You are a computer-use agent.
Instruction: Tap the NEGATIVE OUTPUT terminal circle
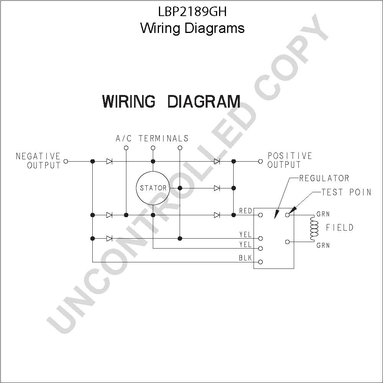pyautogui.click(x=65, y=162)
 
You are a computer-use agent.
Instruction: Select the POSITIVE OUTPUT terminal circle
pyautogui.click(x=260, y=162)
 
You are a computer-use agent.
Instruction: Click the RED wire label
pyautogui.click(x=246, y=211)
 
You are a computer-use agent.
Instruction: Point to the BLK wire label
pyautogui.click(x=245, y=258)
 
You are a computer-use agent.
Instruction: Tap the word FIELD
pyautogui.click(x=340, y=228)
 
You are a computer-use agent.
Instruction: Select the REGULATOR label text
pyautogui.click(x=324, y=178)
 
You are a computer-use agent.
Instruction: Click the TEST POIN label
pyautogui.click(x=346, y=192)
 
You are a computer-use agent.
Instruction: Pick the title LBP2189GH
pyautogui.click(x=193, y=11)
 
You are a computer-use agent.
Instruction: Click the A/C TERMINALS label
pyautogui.click(x=152, y=139)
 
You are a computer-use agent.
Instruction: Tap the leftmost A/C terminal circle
pyautogui.click(x=126, y=148)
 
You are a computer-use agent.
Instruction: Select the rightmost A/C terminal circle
pyautogui.click(x=180, y=148)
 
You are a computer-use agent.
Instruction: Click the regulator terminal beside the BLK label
pyautogui.click(x=260, y=262)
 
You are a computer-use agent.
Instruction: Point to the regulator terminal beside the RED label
pyautogui.click(x=260, y=215)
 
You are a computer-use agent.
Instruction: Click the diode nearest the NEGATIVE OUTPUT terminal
pyautogui.click(x=110, y=162)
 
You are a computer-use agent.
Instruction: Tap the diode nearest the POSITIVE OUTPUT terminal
pyautogui.click(x=217, y=162)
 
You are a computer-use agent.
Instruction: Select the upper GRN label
pyautogui.click(x=323, y=214)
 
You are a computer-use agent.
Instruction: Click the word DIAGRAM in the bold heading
pyautogui.click(x=204, y=101)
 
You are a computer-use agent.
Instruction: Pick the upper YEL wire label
pyautogui.click(x=246, y=235)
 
